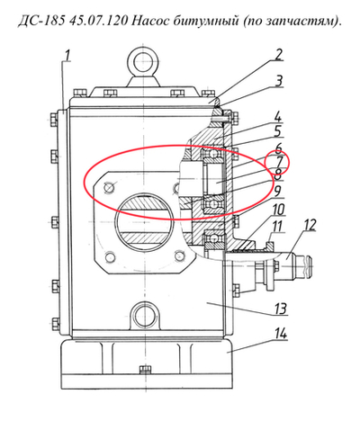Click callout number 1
click(x=67, y=56)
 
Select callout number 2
click(x=279, y=55)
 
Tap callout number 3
click(x=279, y=81)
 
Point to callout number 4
click(x=278, y=116)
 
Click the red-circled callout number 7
click(x=279, y=162)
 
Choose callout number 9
click(x=277, y=191)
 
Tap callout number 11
click(x=276, y=227)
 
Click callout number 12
click(x=309, y=225)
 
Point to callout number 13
click(x=281, y=309)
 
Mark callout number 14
click(x=280, y=334)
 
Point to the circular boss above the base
click(x=144, y=316)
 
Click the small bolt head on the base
click(x=146, y=371)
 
